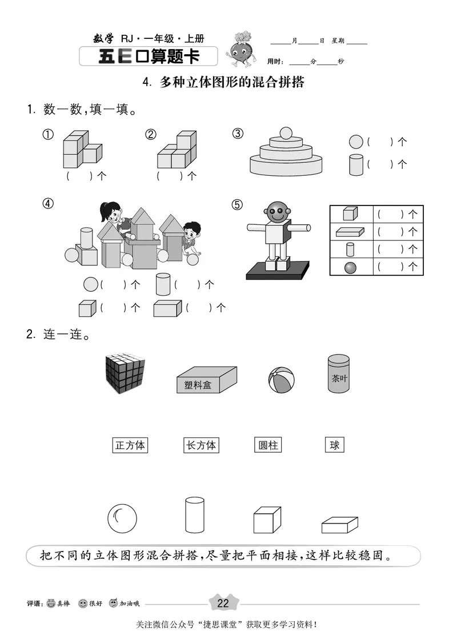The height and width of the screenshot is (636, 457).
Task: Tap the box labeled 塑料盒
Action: (206, 380)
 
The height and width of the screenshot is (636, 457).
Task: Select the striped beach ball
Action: (281, 379)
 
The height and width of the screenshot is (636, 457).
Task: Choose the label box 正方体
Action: (130, 445)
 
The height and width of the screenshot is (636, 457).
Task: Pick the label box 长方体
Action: (201, 445)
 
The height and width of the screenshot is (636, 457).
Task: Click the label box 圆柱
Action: (268, 445)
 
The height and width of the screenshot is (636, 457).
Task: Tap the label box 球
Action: (335, 445)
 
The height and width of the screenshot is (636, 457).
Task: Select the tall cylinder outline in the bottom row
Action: (194, 515)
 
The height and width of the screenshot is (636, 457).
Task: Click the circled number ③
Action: (238, 134)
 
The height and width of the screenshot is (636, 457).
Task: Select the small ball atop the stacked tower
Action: (285, 134)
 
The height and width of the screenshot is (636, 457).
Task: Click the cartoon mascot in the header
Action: (241, 49)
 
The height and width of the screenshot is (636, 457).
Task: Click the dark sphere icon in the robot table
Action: (350, 266)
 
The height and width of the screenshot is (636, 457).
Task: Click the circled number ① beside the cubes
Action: (48, 135)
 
